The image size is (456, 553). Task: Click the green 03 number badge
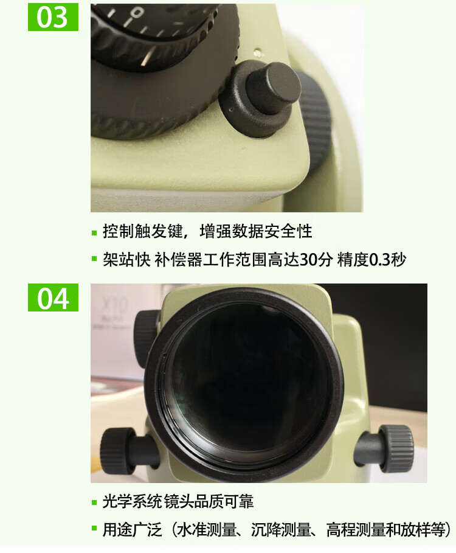click(x=53, y=17)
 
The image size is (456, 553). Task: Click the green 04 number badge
click(x=53, y=297)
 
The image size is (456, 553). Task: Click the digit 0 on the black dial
click(x=137, y=13)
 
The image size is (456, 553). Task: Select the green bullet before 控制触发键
click(x=94, y=233)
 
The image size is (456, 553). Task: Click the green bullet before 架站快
click(x=94, y=259)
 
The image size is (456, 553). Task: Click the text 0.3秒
click(x=387, y=260)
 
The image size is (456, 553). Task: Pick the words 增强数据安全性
click(x=256, y=232)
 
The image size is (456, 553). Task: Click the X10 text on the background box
click(x=114, y=305)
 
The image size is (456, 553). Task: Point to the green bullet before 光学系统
click(x=94, y=503)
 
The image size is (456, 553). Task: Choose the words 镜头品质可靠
click(x=209, y=502)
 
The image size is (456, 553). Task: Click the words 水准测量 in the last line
click(x=206, y=530)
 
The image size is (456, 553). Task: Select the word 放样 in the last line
click(x=416, y=530)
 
